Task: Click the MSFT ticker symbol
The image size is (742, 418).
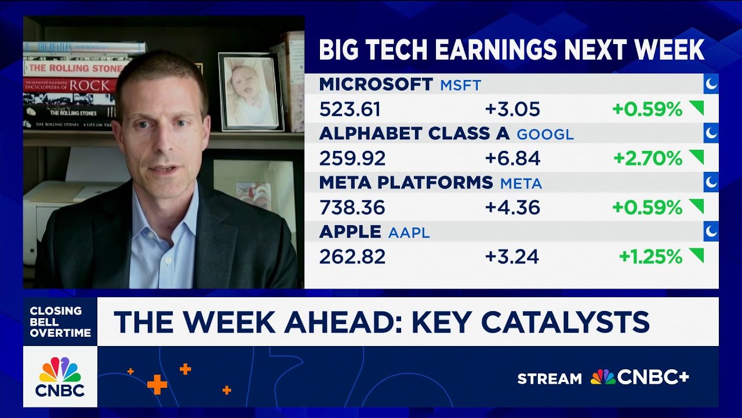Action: point(460,85)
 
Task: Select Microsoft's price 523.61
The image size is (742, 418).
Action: point(350,109)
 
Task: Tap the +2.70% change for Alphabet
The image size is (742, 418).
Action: point(647,158)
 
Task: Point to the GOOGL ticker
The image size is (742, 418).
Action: point(545,135)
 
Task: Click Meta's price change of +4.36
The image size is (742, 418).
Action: point(512,207)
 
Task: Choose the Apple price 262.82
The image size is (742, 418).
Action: point(352,257)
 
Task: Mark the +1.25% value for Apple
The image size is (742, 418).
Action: point(650,257)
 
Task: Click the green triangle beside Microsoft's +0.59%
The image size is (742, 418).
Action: point(696,107)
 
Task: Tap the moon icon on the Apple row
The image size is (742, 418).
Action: point(711,232)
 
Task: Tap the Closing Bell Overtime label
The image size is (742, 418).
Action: point(60,322)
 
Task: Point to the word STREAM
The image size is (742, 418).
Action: point(549,379)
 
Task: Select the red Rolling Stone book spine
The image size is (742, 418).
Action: point(72,68)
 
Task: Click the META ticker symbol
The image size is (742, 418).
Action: point(521,184)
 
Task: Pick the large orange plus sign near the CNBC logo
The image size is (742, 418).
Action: point(157,384)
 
